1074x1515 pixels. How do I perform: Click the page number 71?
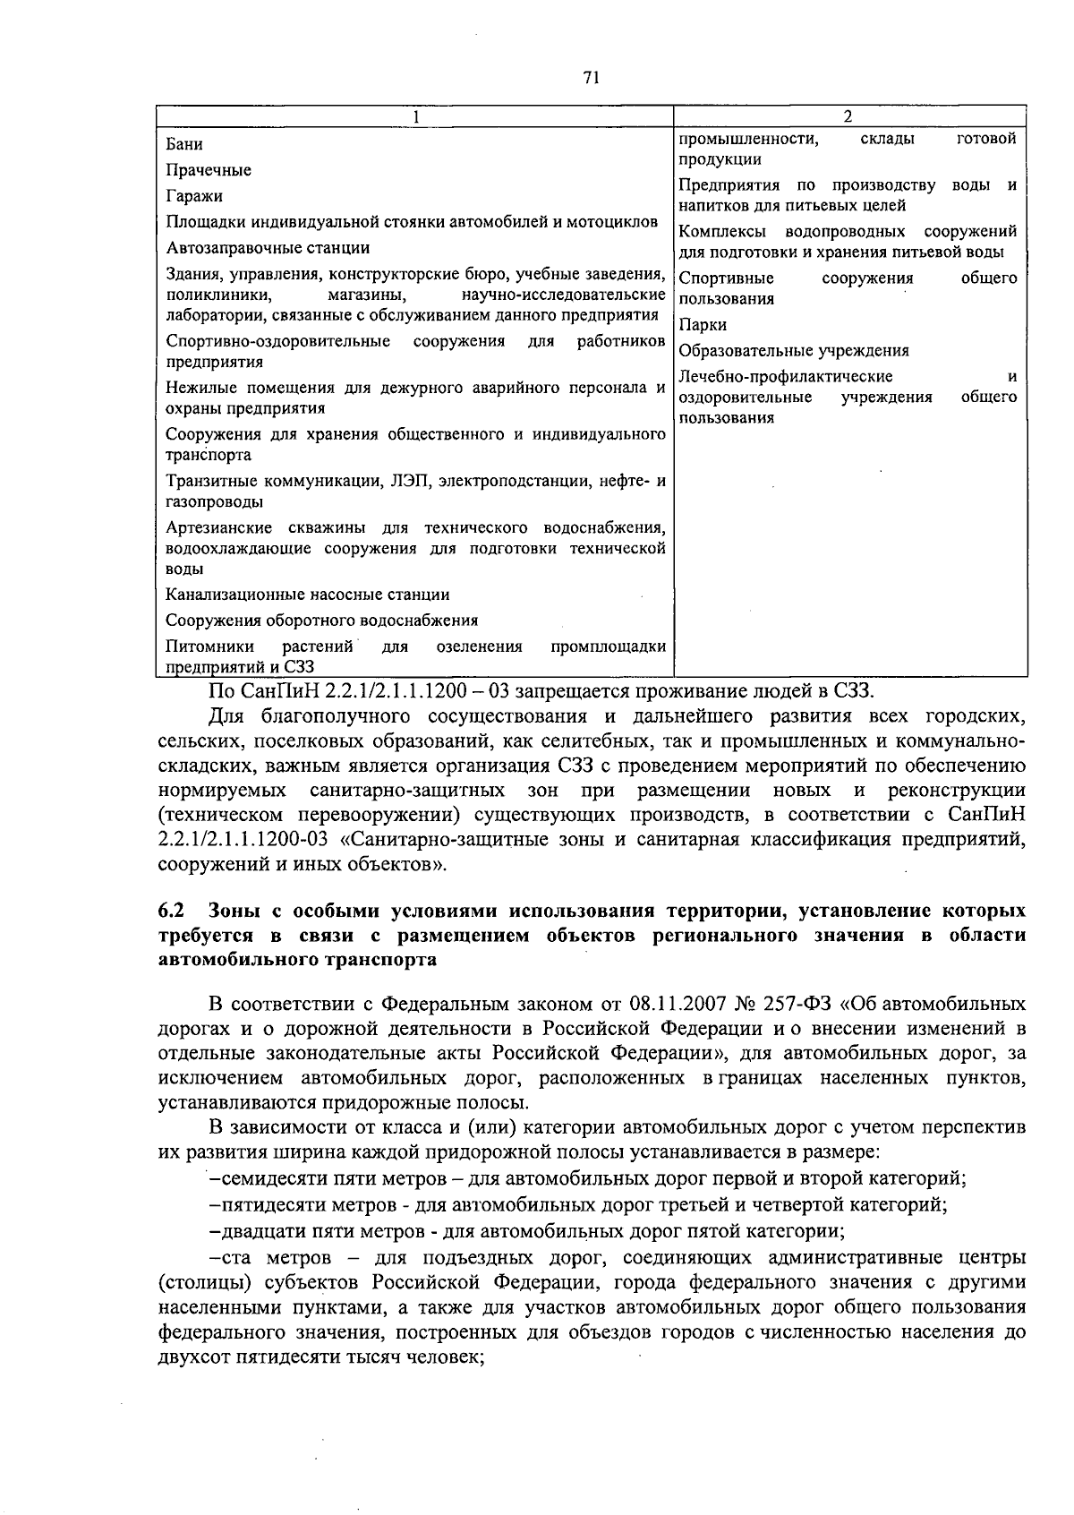tap(591, 78)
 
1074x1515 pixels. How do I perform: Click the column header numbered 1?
tap(415, 116)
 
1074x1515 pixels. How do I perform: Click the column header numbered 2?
tap(848, 116)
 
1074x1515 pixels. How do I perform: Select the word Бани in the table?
tap(184, 144)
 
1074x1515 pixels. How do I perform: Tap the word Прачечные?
tap(209, 170)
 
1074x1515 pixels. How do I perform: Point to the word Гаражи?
tap(194, 196)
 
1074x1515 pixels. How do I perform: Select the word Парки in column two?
tap(703, 325)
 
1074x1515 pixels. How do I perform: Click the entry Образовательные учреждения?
tap(794, 351)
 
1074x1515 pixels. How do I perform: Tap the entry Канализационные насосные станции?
tap(308, 595)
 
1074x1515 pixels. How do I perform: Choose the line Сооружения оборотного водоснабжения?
tap(322, 621)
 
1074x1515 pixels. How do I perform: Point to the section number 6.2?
tap(171, 912)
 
